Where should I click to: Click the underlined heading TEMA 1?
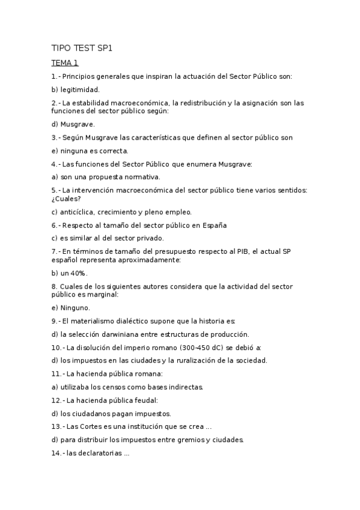coord(65,63)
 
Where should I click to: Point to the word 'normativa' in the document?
coord(141,177)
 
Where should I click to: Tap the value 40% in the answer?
coord(79,273)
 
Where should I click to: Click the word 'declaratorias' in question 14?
coord(94,453)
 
